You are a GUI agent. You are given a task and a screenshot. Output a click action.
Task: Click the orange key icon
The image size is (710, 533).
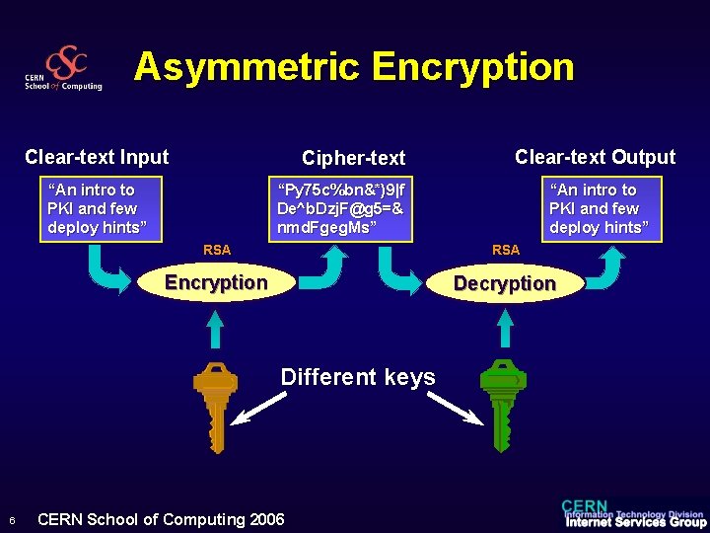click(x=214, y=404)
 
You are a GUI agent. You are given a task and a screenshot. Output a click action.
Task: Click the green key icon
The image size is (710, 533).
click(x=502, y=404)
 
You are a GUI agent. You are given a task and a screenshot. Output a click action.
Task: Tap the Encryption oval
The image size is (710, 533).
click(x=216, y=283)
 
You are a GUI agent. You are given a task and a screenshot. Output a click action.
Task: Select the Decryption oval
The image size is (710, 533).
click(x=504, y=284)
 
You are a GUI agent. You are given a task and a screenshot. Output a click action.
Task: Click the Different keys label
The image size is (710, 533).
click(x=358, y=377)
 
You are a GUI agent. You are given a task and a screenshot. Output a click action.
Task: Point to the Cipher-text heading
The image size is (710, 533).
click(x=353, y=158)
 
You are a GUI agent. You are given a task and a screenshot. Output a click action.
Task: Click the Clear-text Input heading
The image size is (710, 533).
click(x=97, y=157)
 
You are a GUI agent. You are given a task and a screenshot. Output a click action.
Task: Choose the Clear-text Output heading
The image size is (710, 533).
click(x=595, y=157)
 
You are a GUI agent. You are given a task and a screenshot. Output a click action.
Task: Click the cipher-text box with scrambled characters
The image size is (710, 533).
click(x=341, y=209)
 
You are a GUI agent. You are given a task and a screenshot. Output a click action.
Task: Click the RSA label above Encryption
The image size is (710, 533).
click(x=217, y=251)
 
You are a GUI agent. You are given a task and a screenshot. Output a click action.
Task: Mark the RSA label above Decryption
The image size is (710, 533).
click(x=506, y=251)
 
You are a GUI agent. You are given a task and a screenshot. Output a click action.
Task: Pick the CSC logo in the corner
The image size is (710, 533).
click(x=64, y=69)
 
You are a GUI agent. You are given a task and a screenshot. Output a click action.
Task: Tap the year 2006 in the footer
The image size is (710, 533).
click(x=267, y=520)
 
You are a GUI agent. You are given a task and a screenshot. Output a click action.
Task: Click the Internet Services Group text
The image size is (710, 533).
click(x=635, y=523)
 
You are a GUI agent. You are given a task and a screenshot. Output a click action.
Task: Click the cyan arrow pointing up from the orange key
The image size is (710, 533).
click(x=214, y=331)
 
